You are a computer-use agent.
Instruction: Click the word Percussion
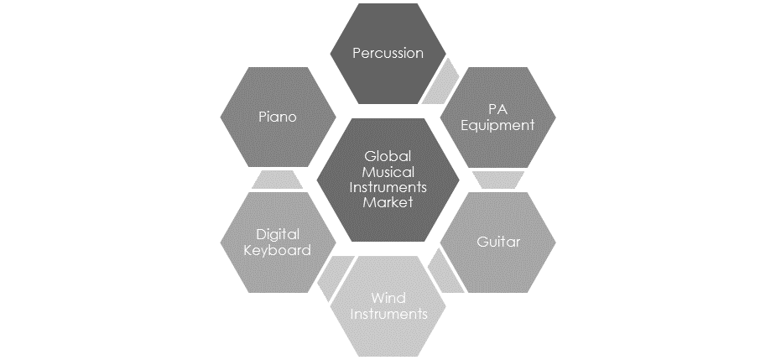pos(388,53)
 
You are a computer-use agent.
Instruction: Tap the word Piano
pos(278,117)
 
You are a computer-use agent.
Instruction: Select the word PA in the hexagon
pos(497,109)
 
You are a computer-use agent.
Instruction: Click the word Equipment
pos(497,125)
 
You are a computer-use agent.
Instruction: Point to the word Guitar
pos(498,242)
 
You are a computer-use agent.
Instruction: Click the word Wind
pos(388,298)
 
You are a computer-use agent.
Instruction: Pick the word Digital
pos(278,234)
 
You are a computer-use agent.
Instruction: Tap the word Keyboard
pos(278,250)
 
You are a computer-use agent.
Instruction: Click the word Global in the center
pos(388,156)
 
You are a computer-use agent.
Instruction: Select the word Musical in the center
pos(388,172)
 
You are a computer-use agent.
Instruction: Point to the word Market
pos(388,202)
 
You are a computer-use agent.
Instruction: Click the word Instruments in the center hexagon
pos(388,187)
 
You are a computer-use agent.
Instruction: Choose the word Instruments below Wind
pos(388,314)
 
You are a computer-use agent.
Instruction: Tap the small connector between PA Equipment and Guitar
pos(497,180)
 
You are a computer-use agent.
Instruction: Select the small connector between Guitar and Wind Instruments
pos(445,271)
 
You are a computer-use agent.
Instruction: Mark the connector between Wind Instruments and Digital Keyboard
pos(335,277)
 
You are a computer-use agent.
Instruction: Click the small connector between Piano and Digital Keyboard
pos(277,180)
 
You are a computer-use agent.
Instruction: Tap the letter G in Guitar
pos(482,242)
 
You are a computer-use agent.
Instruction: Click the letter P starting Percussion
pos(357,53)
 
